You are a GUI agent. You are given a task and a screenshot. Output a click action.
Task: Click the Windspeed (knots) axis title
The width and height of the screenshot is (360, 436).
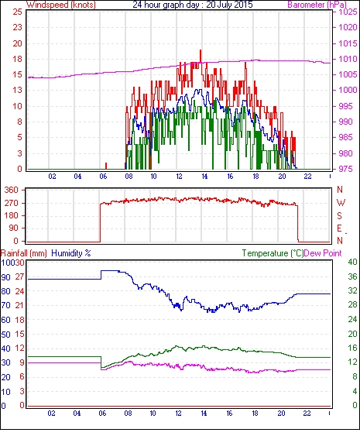61,5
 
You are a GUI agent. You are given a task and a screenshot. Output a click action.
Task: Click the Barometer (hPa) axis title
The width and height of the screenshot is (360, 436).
317,5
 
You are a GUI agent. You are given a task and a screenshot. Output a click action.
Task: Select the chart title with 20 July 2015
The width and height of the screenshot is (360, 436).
193,5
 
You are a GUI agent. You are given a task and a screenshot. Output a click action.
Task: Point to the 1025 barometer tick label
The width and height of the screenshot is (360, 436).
348,12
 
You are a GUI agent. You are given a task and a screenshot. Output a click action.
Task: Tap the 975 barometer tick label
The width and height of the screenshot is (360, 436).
345,169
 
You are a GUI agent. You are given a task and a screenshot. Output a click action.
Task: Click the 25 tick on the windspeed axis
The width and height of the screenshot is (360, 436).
17,12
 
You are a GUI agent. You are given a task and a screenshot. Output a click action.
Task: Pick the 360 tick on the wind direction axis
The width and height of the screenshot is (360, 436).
12,191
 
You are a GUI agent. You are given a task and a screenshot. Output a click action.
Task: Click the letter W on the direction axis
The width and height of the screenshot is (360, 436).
341,203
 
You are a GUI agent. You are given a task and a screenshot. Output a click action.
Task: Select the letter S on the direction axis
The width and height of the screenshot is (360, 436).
339,215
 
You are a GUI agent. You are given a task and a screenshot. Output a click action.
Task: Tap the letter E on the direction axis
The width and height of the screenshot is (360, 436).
339,228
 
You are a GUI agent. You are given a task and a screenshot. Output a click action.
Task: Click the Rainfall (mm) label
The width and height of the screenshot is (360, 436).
24,253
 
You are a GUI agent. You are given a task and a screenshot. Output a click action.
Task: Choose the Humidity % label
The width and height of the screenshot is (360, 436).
71,253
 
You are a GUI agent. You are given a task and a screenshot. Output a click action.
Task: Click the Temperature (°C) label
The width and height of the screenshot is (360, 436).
273,253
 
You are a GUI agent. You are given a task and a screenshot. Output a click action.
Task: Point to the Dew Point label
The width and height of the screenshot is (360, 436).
323,253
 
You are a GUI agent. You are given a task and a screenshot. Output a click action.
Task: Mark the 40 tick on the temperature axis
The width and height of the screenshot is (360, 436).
352,262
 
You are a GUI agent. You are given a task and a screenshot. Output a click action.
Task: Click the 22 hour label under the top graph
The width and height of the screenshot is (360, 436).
307,177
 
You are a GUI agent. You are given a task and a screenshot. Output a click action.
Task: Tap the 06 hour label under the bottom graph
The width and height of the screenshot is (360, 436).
102,414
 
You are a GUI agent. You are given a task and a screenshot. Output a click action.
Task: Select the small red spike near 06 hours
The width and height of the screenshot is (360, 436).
106,166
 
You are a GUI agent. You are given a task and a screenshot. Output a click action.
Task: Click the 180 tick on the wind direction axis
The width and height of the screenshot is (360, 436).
12,215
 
